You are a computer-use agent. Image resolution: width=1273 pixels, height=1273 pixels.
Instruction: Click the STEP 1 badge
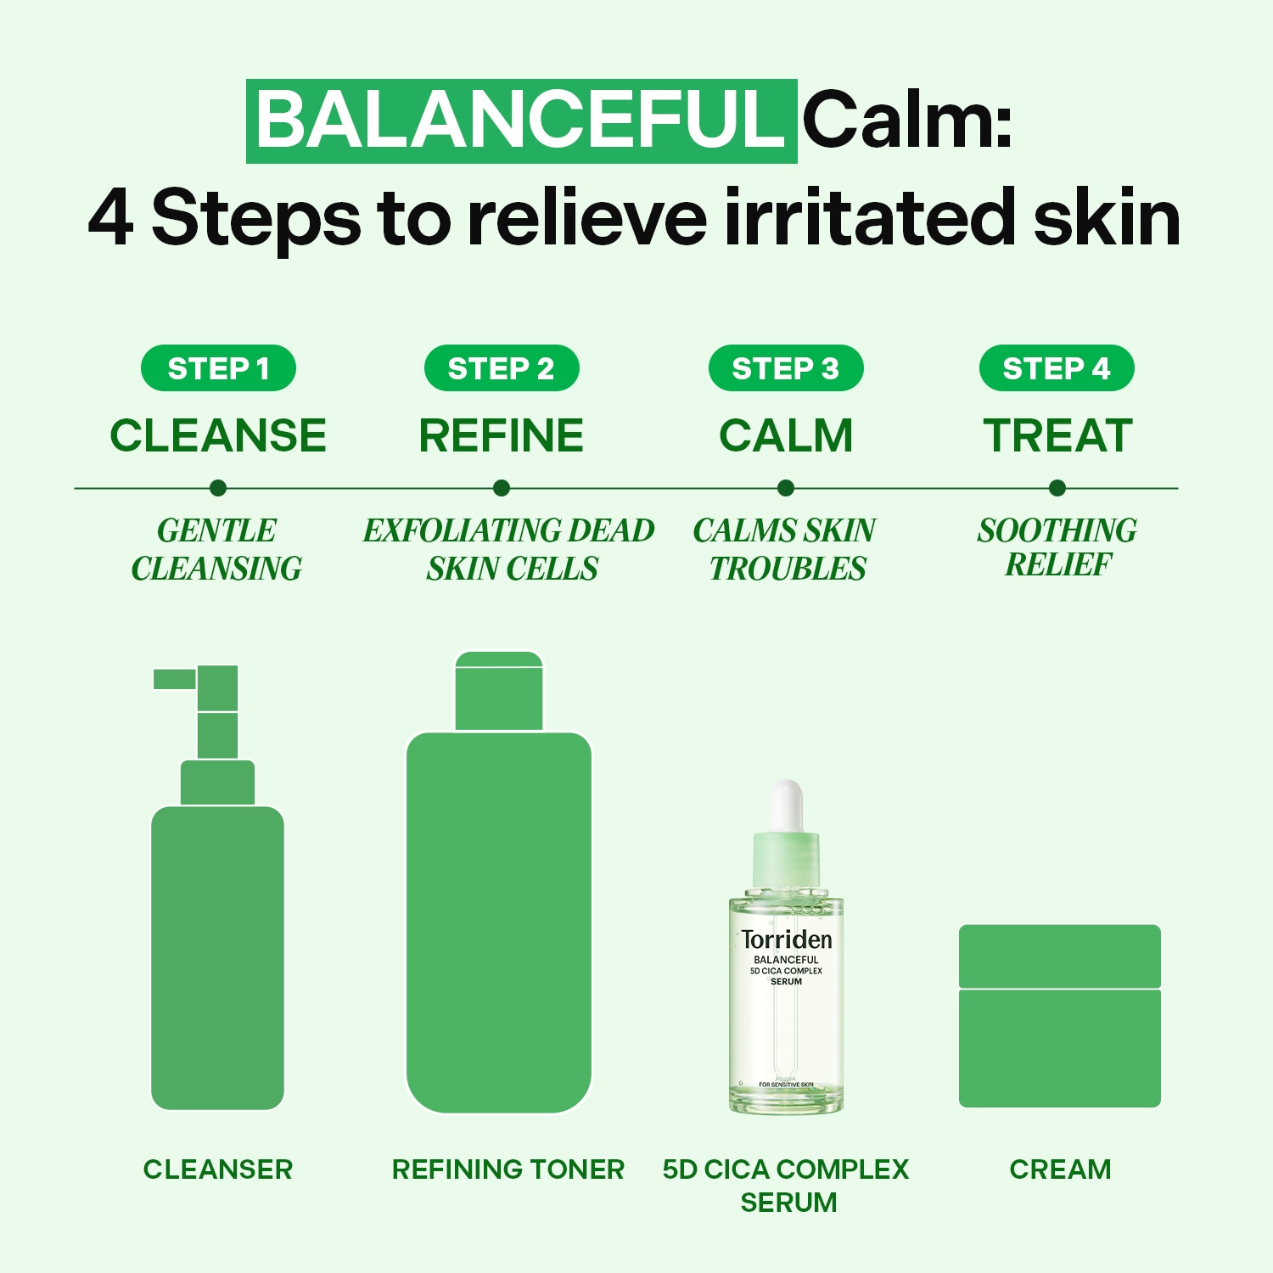(x=218, y=368)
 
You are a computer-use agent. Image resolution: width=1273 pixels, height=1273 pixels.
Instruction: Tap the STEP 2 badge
(x=502, y=368)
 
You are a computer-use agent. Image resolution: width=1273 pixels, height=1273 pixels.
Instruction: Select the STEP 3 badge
(x=786, y=368)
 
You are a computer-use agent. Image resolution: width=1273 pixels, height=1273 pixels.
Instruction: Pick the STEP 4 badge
(x=1057, y=368)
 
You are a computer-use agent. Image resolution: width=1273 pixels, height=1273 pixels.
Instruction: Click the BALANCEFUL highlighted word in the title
(x=521, y=121)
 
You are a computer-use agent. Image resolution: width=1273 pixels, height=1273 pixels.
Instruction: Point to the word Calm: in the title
(x=907, y=121)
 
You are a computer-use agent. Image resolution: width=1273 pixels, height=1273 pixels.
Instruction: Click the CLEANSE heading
(x=218, y=435)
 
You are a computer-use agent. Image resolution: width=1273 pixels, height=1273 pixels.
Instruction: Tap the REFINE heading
(x=502, y=435)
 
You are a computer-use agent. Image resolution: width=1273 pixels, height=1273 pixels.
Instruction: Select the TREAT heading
(x=1057, y=435)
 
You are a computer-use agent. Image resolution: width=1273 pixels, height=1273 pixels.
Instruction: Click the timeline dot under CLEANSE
(x=218, y=488)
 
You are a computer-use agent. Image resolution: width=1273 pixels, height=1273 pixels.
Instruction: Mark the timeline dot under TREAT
(x=1057, y=488)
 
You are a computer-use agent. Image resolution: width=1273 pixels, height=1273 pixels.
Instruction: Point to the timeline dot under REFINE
(x=502, y=488)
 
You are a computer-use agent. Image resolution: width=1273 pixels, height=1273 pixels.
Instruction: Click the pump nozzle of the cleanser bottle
(x=175, y=679)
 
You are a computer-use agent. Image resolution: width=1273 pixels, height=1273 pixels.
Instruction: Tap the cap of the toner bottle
(x=499, y=691)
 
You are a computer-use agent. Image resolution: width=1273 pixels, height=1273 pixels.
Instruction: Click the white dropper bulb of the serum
(x=787, y=806)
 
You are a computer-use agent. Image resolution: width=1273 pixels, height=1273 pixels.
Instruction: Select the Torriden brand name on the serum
(x=787, y=939)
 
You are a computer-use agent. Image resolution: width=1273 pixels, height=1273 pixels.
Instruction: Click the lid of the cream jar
(x=1060, y=956)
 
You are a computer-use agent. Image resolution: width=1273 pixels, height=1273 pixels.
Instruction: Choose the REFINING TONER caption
(x=508, y=1169)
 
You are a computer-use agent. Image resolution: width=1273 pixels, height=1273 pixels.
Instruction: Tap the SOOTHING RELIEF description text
(x=1057, y=547)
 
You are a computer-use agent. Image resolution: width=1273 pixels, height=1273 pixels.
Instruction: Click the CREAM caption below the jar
(x=1060, y=1169)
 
